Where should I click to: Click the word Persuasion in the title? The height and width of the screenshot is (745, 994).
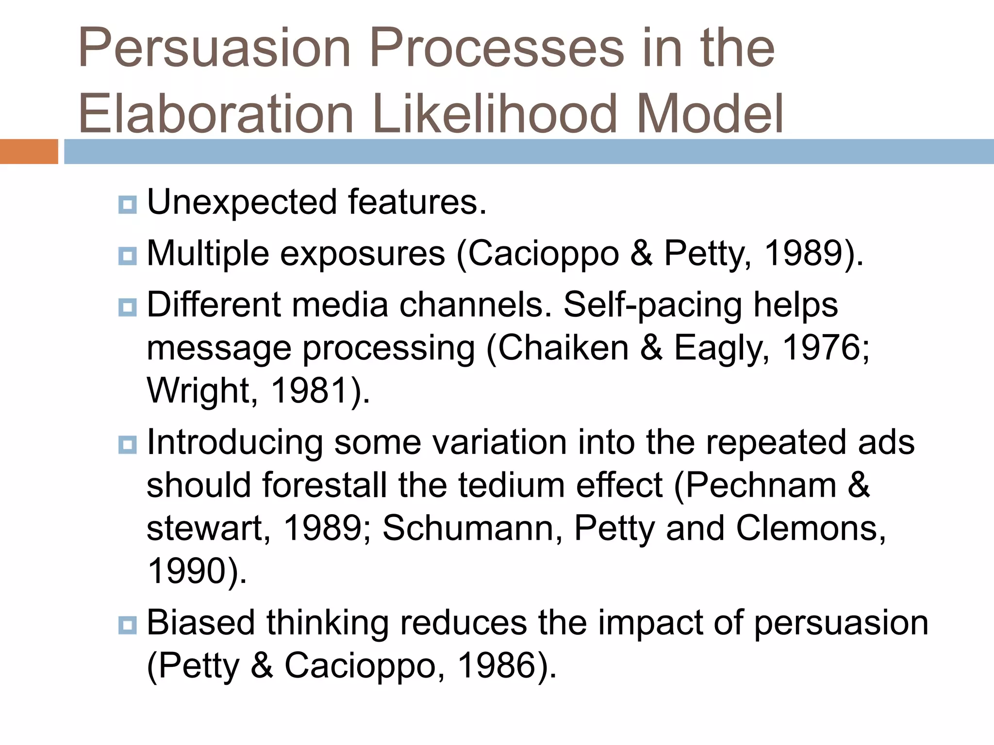(214, 49)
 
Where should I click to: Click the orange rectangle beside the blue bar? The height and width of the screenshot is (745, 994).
(29, 151)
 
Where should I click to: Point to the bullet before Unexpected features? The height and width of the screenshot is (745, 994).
(127, 205)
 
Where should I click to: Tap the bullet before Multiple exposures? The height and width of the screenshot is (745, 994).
(127, 256)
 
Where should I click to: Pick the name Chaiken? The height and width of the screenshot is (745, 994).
(563, 348)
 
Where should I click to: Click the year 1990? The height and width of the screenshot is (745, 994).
(187, 571)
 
